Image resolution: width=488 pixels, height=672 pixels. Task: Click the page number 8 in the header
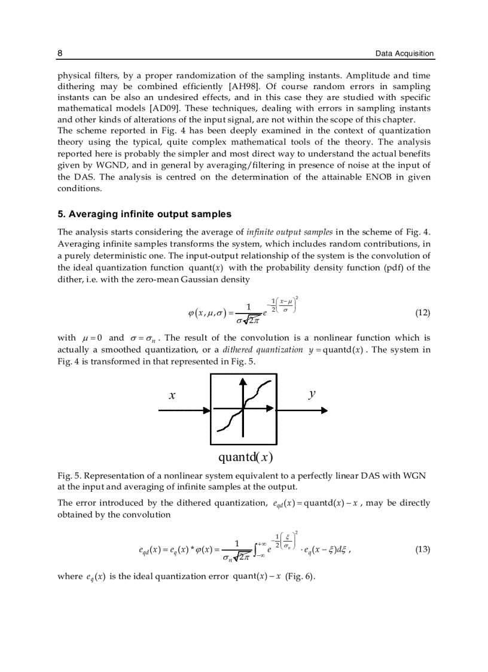pyautogui.click(x=60, y=53)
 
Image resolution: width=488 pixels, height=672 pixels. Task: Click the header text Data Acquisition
pyautogui.click(x=404, y=53)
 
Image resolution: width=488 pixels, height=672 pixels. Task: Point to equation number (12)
pyautogui.click(x=422, y=313)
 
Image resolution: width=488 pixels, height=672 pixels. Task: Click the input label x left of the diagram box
pyautogui.click(x=172, y=396)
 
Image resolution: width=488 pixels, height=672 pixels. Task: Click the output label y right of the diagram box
pyautogui.click(x=312, y=394)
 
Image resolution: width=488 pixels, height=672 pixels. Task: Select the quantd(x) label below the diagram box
pyautogui.click(x=245, y=457)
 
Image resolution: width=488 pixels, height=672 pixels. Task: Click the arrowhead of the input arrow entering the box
pyautogui.click(x=207, y=411)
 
